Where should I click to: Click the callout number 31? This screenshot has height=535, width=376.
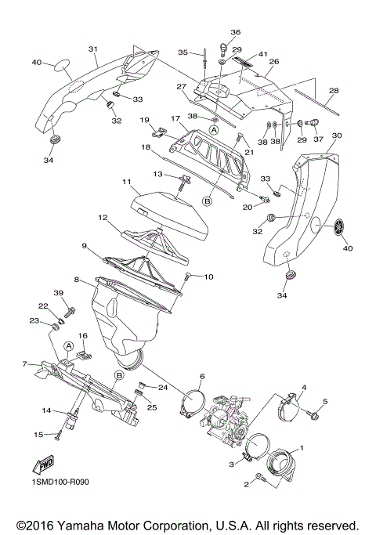pyautogui.click(x=92, y=49)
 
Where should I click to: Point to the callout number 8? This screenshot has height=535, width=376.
pyautogui.click(x=76, y=279)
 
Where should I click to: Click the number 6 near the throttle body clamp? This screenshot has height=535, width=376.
pyautogui.click(x=201, y=377)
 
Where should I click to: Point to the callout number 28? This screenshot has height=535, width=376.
pyautogui.click(x=334, y=92)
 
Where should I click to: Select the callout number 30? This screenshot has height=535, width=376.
pyautogui.click(x=337, y=136)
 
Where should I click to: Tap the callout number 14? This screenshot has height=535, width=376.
pyautogui.click(x=47, y=410)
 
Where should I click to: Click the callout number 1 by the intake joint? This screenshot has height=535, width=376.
pyautogui.click(x=305, y=448)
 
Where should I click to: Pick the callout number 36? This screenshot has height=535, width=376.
pyautogui.click(x=234, y=32)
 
